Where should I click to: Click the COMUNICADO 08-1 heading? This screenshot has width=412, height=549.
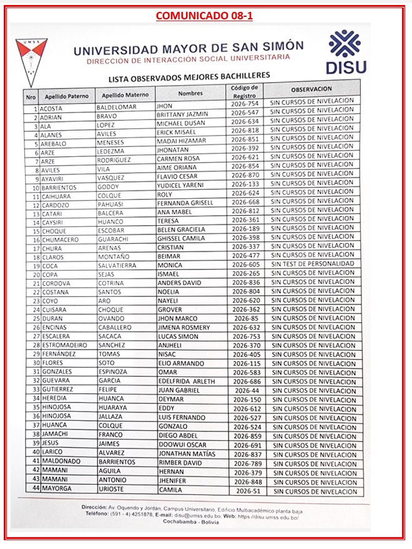click(x=204, y=15)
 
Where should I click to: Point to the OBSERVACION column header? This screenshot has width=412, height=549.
click(x=311, y=89)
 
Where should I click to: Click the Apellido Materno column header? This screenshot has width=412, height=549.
click(x=125, y=96)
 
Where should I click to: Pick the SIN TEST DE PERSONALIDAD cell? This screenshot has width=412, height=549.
click(x=312, y=264)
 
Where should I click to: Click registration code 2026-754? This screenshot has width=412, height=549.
click(x=245, y=104)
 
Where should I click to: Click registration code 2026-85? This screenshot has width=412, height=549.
click(x=246, y=318)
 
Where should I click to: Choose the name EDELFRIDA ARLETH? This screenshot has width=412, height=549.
click(x=187, y=381)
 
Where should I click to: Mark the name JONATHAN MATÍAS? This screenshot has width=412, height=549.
click(x=186, y=454)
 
